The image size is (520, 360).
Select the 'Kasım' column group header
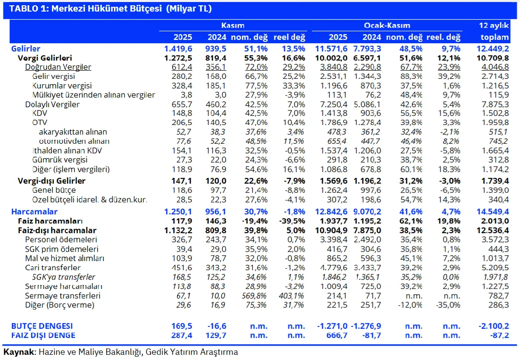[x=233, y=25]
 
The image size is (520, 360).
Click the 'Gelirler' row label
[x=25, y=49]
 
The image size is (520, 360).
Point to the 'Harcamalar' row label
[x=34, y=212]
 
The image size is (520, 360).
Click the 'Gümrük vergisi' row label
[x=60, y=160]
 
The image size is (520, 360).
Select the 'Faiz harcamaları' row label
[x=50, y=221]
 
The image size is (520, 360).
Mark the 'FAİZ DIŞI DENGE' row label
[x=43, y=335]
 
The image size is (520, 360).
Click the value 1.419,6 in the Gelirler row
[x=178, y=49]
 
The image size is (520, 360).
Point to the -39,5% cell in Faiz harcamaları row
[x=290, y=221]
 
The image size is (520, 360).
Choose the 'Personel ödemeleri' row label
[x=61, y=240]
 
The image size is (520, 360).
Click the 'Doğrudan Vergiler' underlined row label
[x=58, y=67]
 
